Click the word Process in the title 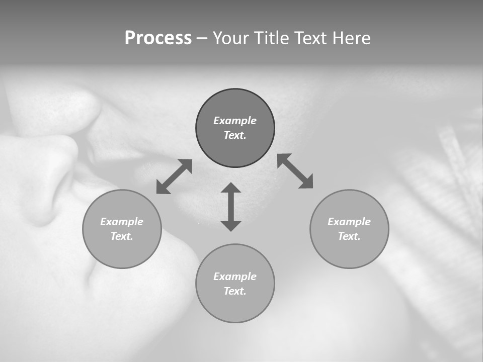click(x=158, y=38)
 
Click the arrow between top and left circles click(x=174, y=176)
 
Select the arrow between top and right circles click(x=295, y=171)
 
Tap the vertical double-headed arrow click(x=231, y=207)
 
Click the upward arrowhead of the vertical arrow click(x=231, y=189)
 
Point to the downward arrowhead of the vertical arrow click(x=231, y=225)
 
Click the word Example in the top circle click(x=235, y=121)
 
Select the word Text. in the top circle click(x=235, y=135)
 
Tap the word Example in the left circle click(x=122, y=222)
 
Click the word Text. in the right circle click(x=349, y=236)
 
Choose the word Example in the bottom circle click(x=235, y=277)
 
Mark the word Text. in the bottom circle click(x=235, y=291)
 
